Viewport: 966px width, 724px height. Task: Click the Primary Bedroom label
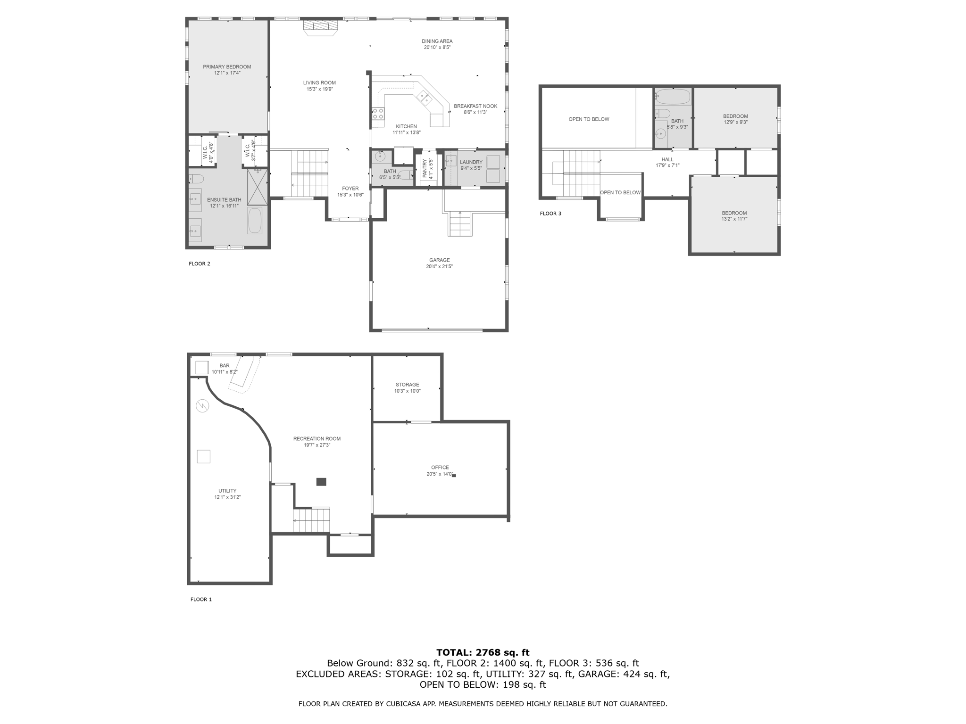pos(227,67)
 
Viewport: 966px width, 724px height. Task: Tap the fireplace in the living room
pos(321,27)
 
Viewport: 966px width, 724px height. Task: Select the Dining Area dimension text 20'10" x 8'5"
pos(437,47)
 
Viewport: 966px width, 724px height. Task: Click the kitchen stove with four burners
pos(378,114)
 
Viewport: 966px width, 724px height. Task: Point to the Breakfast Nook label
pos(475,106)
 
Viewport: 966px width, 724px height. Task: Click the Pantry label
pos(425,168)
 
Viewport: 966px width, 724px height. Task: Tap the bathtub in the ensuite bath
pos(255,221)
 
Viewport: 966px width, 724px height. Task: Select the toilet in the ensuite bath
pos(196,179)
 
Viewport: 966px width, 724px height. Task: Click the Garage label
pos(439,260)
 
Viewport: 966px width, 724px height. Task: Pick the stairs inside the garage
pos(460,224)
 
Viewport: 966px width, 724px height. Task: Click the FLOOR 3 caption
pos(550,214)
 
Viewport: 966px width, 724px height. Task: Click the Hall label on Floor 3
pos(667,159)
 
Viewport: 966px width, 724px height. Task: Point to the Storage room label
pos(407,385)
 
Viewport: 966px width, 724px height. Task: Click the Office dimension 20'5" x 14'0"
pos(440,474)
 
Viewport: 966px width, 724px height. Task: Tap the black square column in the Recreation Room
pos(321,482)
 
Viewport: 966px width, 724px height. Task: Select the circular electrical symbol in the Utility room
pos(202,406)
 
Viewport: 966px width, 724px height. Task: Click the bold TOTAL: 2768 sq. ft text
pos(483,652)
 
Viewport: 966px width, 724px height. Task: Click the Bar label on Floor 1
pos(225,365)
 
